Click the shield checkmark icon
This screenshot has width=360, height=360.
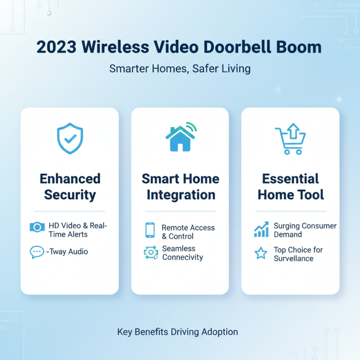pos(70,139)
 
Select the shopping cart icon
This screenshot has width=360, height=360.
pos(290,140)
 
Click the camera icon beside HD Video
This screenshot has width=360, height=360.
pos(37,227)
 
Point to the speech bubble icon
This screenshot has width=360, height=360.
pos(37,252)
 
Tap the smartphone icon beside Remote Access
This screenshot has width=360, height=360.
pos(150,229)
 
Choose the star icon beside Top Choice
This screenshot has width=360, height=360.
pos(261,254)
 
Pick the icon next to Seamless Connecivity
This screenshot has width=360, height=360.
pos(150,253)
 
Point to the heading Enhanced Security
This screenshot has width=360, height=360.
pos(70,187)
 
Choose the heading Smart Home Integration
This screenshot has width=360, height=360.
pos(180,187)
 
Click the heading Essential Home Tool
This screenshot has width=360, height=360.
pos(290,187)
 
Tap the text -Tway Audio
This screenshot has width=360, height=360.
pos(67,252)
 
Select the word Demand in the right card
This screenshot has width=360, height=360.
pos(288,234)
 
